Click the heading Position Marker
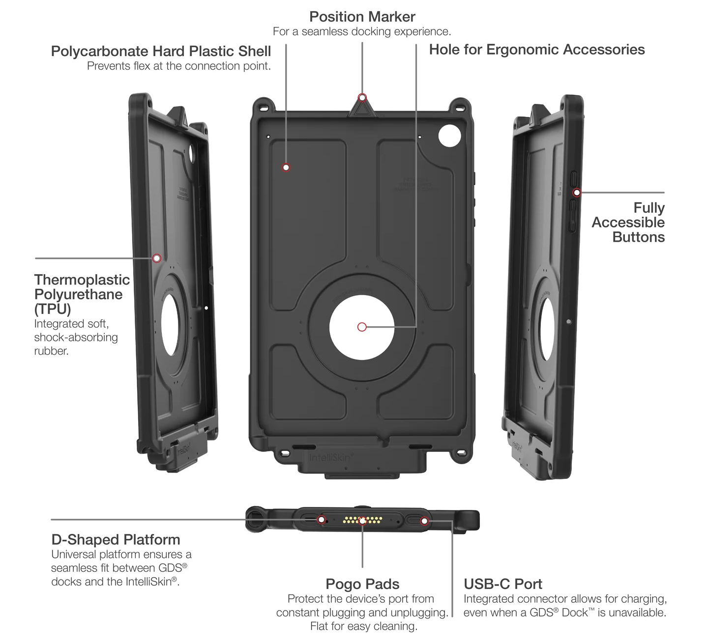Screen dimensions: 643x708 [362, 17]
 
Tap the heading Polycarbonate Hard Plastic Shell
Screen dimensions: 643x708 [161, 51]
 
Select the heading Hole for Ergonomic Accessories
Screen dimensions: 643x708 [536, 50]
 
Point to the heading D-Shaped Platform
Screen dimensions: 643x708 [116, 539]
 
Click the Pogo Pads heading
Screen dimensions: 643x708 [362, 584]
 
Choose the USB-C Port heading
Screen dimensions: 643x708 [502, 584]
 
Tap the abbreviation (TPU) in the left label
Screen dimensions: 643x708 [53, 309]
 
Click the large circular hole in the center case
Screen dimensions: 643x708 [362, 327]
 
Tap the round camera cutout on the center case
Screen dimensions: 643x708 [449, 136]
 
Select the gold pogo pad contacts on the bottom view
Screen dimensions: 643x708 [362, 520]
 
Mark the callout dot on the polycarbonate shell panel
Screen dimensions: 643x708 [286, 168]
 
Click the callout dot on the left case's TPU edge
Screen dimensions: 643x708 [157, 258]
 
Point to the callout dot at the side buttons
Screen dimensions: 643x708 [577, 193]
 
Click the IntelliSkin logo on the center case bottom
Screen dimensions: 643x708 [330, 458]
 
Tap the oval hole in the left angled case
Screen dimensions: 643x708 [170, 324]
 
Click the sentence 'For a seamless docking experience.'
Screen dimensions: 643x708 [362, 31]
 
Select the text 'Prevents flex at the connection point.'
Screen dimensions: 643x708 [179, 66]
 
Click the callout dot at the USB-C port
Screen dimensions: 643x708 [424, 521]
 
